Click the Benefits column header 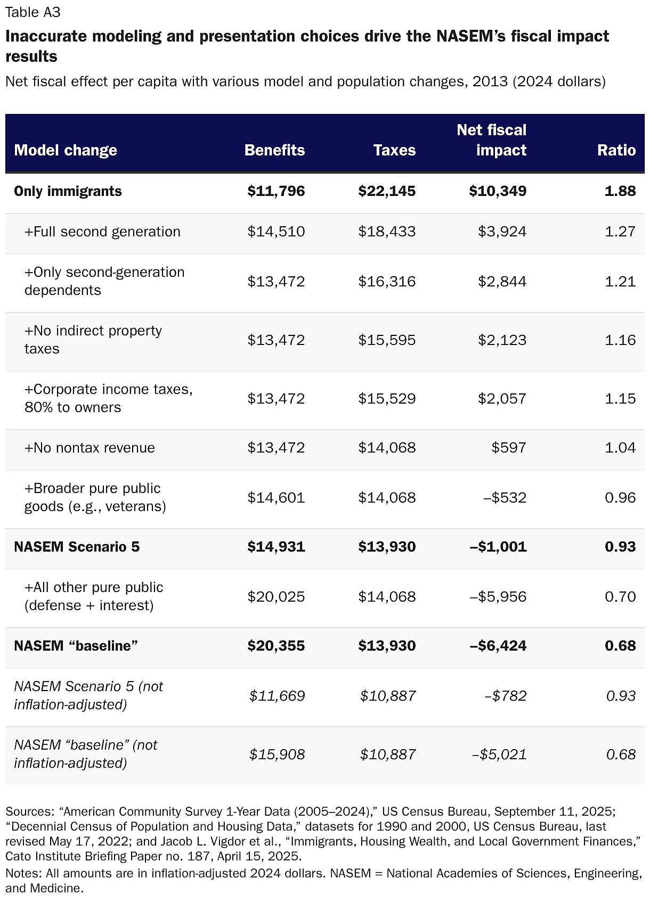(x=274, y=150)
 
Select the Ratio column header (x=616, y=150)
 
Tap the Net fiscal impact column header (x=491, y=140)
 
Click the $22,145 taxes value (x=387, y=191)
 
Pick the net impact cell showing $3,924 (x=502, y=232)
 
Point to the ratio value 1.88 (x=620, y=191)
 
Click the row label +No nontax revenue (x=90, y=448)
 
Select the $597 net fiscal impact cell (x=509, y=448)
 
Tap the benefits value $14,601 (x=276, y=498)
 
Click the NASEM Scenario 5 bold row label (x=77, y=547)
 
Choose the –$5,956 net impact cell (x=498, y=597)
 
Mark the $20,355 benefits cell (x=276, y=646)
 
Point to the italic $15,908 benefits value (x=277, y=754)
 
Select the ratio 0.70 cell (x=620, y=597)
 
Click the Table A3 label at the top (x=33, y=12)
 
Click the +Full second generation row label (x=102, y=232)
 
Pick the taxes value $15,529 (x=387, y=399)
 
